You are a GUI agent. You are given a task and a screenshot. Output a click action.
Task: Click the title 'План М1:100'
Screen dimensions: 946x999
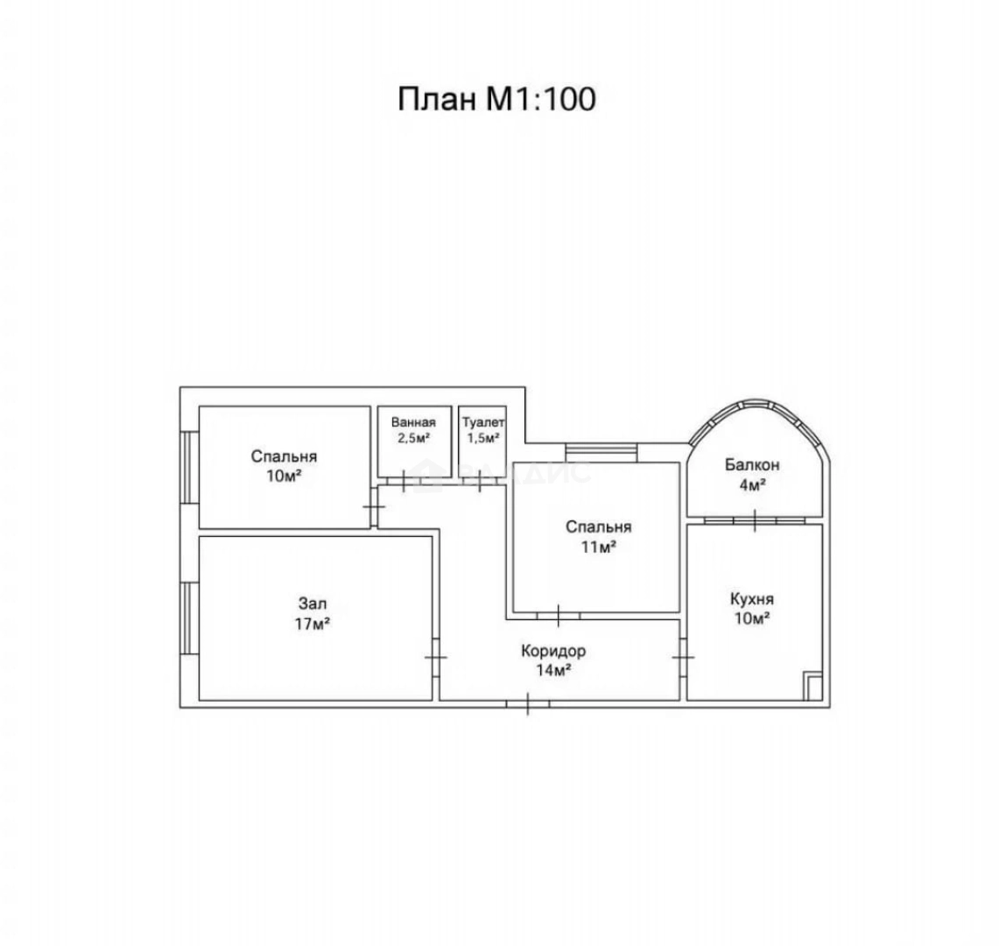point(497,99)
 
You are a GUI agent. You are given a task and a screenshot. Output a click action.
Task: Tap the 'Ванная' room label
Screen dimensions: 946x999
point(413,421)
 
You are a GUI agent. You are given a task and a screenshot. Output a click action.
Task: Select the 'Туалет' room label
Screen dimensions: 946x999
point(482,421)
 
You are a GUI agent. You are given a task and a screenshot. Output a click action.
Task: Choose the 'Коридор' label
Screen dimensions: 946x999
point(553,652)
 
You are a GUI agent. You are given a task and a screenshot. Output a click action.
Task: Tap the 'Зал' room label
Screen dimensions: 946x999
point(313,604)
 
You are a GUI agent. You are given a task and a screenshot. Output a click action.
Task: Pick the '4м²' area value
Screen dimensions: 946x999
point(751,484)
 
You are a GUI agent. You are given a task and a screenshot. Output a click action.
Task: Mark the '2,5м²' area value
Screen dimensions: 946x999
point(413,439)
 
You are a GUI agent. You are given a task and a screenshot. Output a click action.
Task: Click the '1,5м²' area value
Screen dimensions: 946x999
point(482,439)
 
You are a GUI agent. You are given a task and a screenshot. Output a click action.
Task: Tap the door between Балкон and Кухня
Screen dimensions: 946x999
point(755,520)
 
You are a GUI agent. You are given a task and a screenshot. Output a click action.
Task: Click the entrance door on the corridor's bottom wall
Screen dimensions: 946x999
point(528,703)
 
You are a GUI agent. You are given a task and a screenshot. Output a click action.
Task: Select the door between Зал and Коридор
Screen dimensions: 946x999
point(436,657)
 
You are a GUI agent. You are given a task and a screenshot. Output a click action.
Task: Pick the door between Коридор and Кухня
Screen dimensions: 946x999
point(683,657)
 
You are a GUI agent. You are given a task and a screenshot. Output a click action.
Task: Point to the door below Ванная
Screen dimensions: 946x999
point(403,480)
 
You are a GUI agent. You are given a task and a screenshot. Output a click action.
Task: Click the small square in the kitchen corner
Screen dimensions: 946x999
point(813,686)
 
